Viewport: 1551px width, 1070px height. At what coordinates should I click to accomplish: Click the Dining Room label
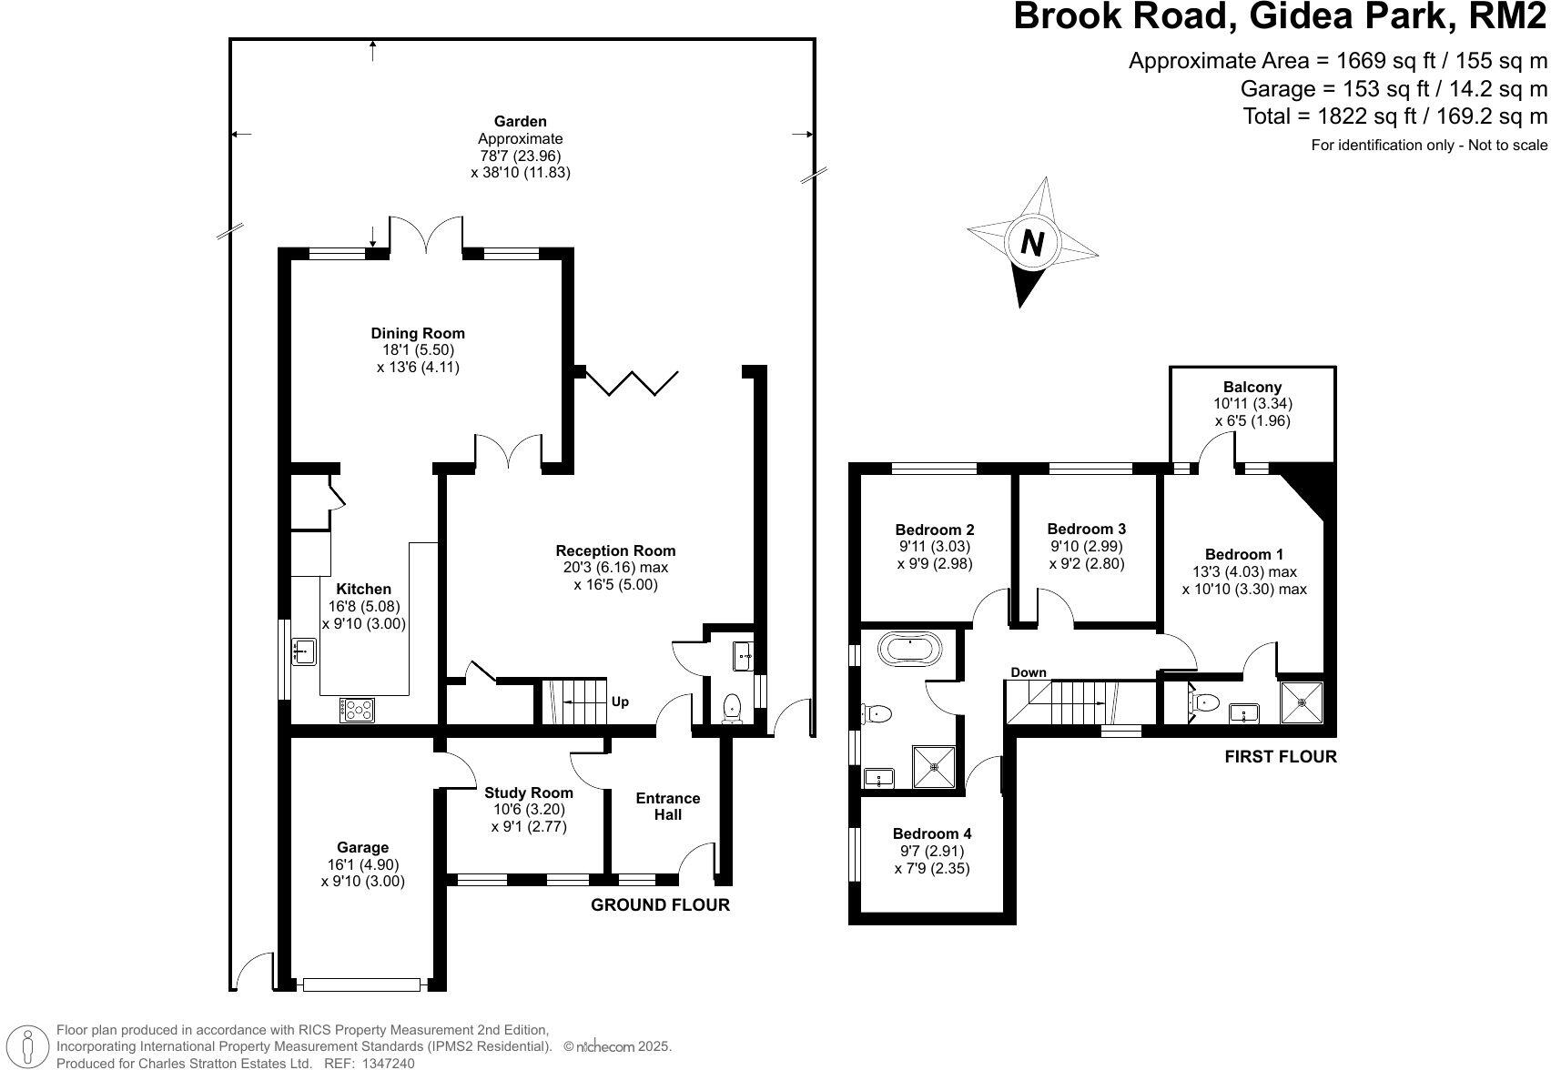(x=418, y=333)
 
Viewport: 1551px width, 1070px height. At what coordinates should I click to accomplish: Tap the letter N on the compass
(x=1031, y=243)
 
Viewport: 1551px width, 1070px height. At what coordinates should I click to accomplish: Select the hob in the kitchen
(x=357, y=710)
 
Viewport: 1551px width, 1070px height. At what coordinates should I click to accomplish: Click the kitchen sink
(x=303, y=651)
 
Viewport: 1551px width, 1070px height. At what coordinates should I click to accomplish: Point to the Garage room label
(x=362, y=847)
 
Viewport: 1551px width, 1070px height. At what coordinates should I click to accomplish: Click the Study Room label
(x=528, y=792)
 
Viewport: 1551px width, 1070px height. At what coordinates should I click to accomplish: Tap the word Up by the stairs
(x=620, y=702)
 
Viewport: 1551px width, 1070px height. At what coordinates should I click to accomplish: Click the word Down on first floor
(x=1029, y=672)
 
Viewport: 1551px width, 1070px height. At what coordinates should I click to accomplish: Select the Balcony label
(x=1252, y=387)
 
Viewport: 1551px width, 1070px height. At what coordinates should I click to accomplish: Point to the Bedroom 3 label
(x=1087, y=529)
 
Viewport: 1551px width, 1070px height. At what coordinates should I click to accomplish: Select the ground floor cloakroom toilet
(x=732, y=708)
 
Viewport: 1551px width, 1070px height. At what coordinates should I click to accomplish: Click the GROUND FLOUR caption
(x=660, y=904)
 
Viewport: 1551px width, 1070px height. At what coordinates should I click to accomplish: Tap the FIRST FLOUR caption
(x=1281, y=756)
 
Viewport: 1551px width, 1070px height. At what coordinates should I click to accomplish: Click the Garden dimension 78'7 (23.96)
(x=520, y=156)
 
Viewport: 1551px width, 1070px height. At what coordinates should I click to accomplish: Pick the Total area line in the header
(x=1394, y=116)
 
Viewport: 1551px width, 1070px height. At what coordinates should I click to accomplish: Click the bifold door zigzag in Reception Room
(x=632, y=382)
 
